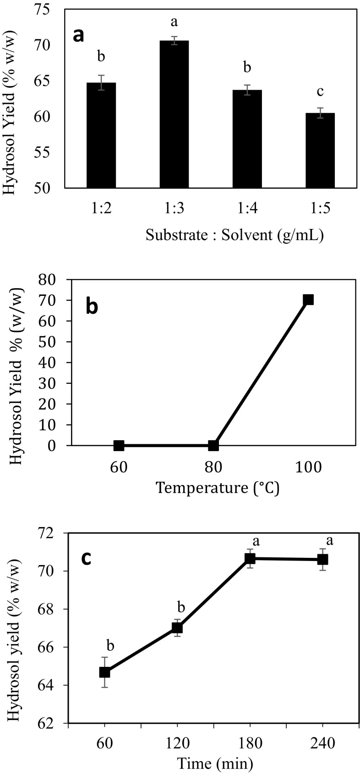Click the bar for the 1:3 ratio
[x=174, y=114]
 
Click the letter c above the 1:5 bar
[x=320, y=92]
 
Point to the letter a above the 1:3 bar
[x=174, y=22]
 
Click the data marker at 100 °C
[x=308, y=300]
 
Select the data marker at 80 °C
[x=213, y=445]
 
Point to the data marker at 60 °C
[x=119, y=445]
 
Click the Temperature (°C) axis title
[x=217, y=487]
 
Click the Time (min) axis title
[x=215, y=763]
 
